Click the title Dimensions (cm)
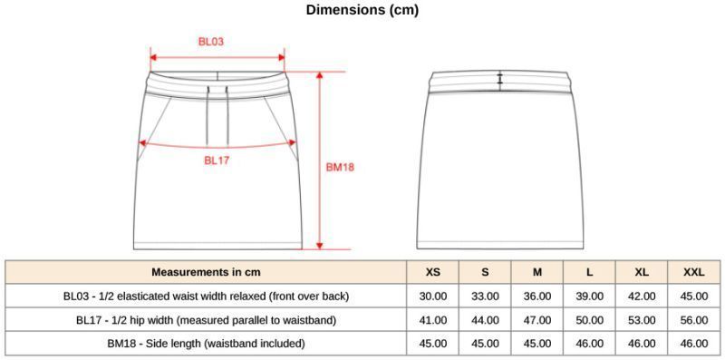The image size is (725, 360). tap(362, 10)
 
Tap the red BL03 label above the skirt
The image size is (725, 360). tap(211, 41)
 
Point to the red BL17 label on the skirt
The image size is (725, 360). tap(217, 161)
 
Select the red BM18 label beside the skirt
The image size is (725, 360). tap(341, 168)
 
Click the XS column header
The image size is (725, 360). tap(433, 272)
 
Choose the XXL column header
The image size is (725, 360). tap(694, 272)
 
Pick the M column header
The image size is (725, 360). tap(536, 272)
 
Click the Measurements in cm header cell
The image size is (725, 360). tap(206, 272)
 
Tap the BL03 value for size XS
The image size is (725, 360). tap(433, 297)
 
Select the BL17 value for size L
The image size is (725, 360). tap(589, 320)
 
